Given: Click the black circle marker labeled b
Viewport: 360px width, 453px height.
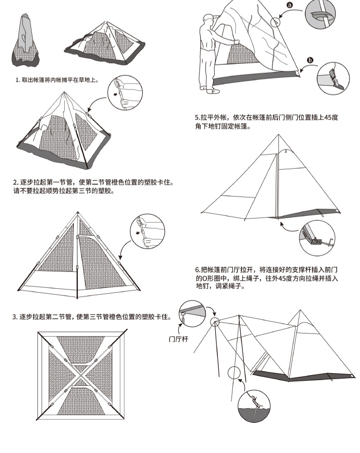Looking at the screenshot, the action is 310,60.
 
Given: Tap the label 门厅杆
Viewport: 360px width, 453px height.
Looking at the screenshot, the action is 178,338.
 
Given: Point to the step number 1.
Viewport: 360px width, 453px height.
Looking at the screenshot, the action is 17,80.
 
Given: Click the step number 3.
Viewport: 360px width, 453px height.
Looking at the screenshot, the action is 15,317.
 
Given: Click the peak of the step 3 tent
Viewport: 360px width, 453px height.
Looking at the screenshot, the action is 77,213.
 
